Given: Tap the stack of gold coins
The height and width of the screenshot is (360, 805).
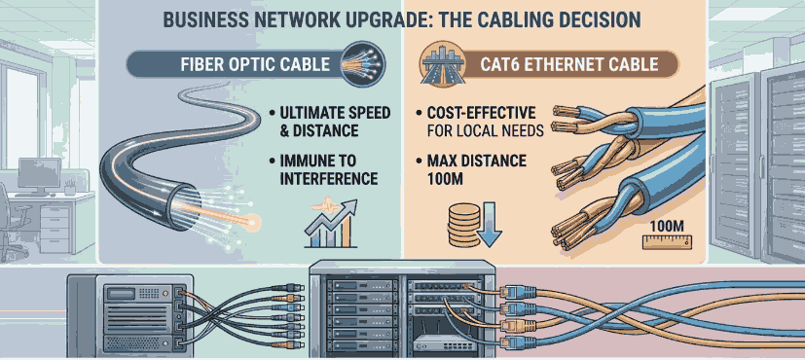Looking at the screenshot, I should [x=458, y=223].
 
